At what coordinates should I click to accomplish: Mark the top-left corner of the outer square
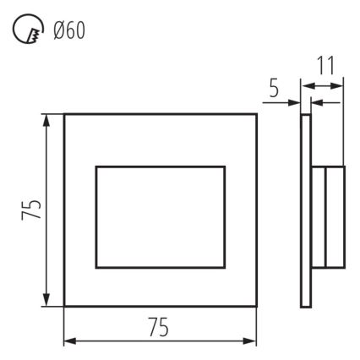pos(65,114)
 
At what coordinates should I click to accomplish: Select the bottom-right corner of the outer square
pos(257,307)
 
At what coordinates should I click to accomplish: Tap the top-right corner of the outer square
pos(257,114)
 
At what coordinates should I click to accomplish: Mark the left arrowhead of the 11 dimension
pos(306,85)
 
